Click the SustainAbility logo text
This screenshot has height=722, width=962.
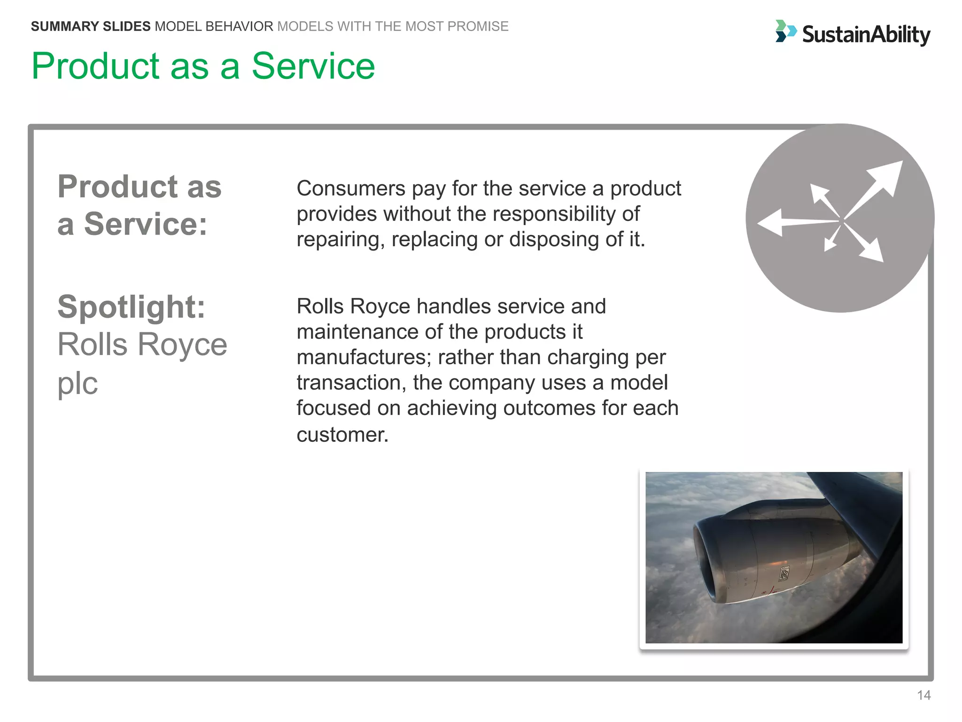pos(866,34)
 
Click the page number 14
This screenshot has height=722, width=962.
pos(923,695)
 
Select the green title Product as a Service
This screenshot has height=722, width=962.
pos(203,66)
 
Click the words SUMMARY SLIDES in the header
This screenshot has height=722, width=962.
pos(91,26)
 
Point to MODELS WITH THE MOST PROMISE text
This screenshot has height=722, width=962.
pos(393,26)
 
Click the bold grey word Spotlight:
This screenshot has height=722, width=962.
pos(132,307)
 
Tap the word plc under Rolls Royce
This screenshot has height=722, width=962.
pos(78,383)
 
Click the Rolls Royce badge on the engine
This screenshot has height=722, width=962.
pos(784,573)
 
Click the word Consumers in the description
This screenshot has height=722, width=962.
pos(351,188)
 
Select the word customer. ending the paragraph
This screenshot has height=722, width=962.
pos(342,435)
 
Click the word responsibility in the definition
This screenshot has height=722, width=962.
pos(548,214)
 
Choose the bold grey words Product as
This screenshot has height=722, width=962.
pos(140,187)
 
